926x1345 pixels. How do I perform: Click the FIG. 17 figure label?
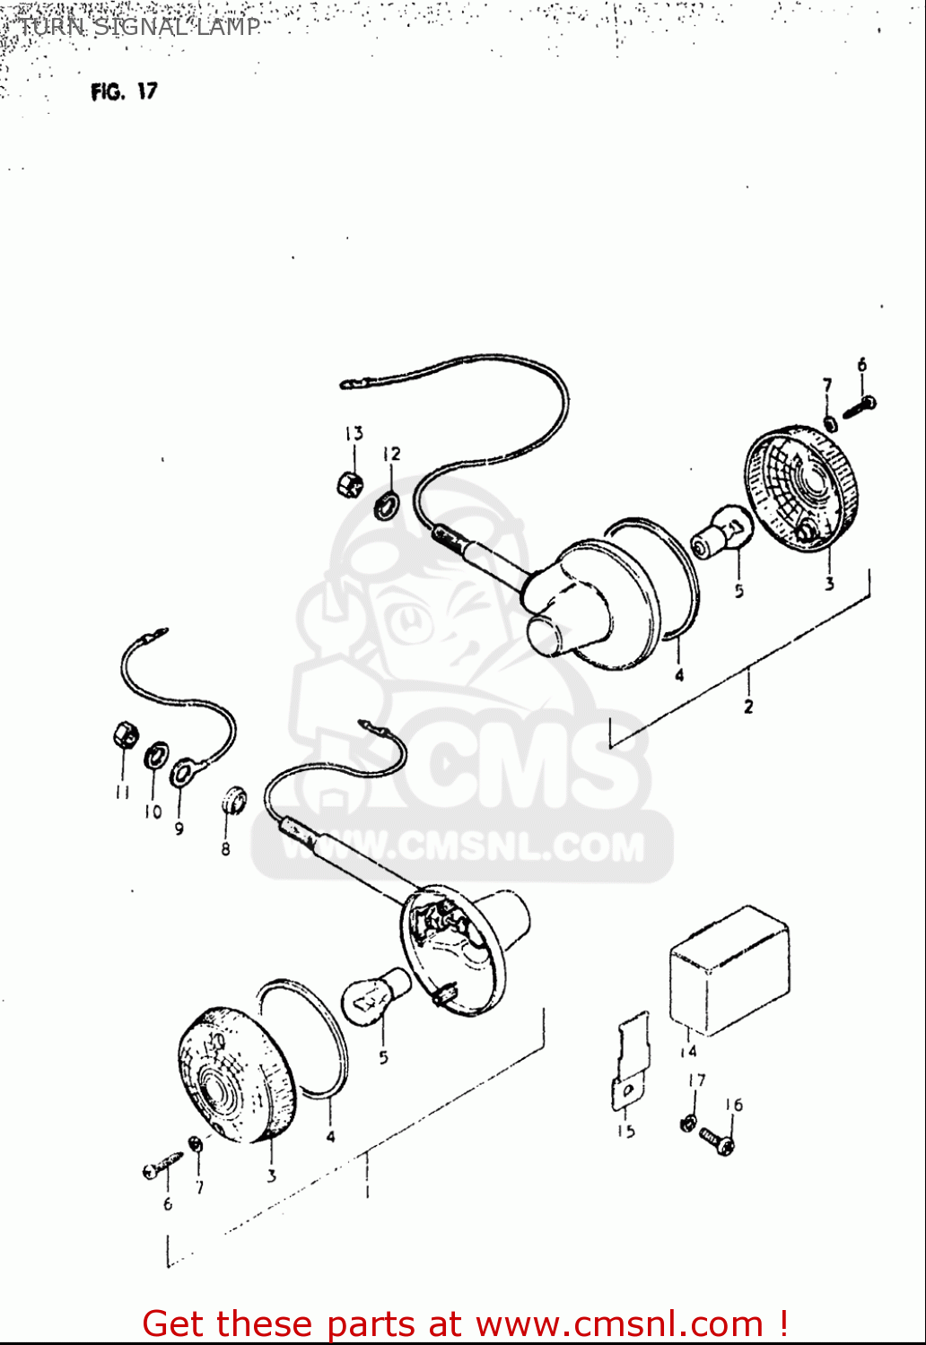click(x=124, y=91)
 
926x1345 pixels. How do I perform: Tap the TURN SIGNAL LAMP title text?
click(x=139, y=27)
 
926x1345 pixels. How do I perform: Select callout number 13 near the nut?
click(x=354, y=434)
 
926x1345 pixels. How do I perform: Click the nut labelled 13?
click(x=349, y=483)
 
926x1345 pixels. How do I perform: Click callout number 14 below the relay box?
click(x=688, y=1052)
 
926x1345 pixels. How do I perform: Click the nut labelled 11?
click(x=125, y=737)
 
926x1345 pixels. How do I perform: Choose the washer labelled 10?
click(x=156, y=754)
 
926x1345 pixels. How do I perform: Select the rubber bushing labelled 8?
click(x=233, y=798)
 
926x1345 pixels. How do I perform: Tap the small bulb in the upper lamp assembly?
click(x=719, y=532)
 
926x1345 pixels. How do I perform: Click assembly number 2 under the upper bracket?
click(x=748, y=707)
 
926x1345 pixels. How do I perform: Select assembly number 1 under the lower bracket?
click(x=366, y=1192)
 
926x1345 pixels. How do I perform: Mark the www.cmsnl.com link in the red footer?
click(x=619, y=1324)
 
